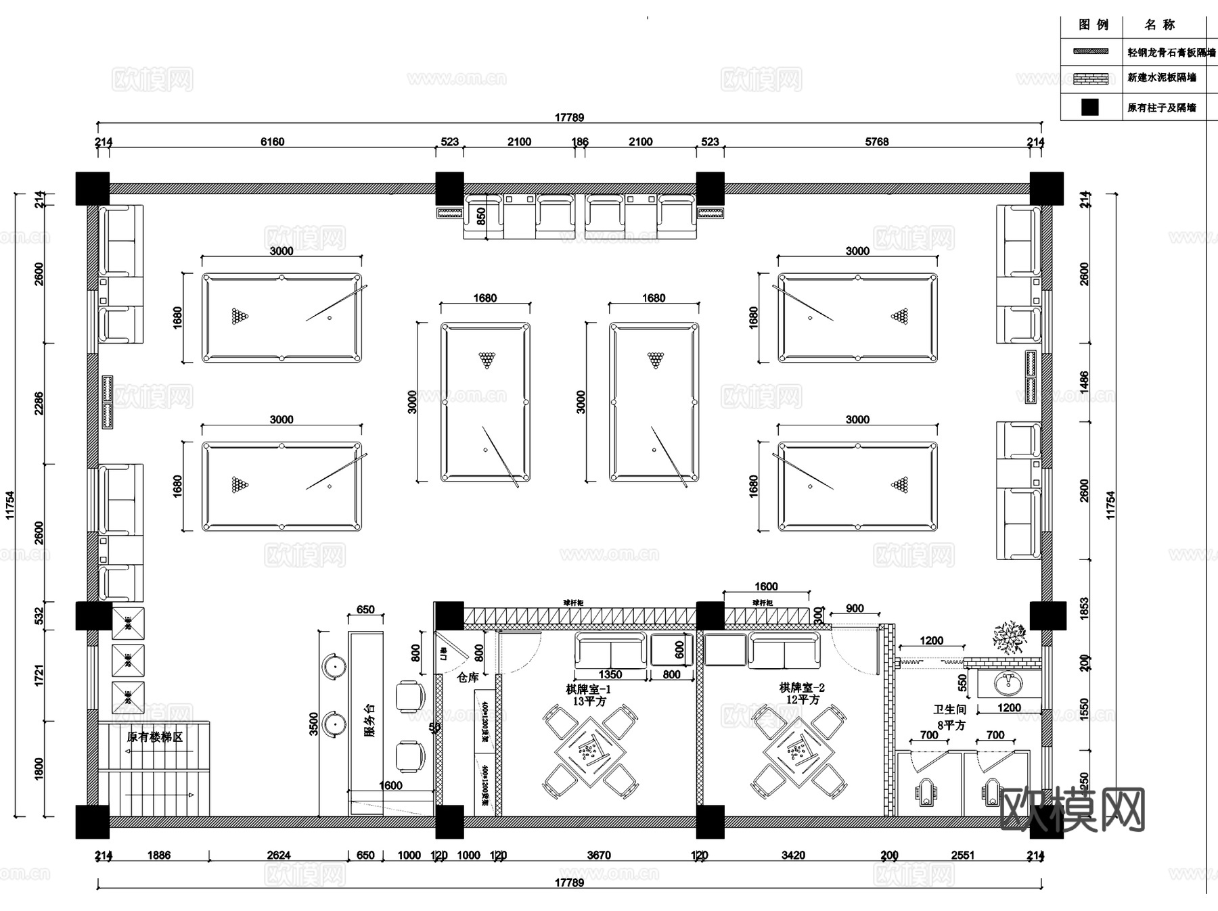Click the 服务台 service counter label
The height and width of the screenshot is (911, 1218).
click(x=369, y=721)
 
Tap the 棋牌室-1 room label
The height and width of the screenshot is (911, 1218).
click(x=588, y=689)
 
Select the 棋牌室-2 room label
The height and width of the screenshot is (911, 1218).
click(x=801, y=688)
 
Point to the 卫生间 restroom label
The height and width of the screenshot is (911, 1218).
click(x=949, y=709)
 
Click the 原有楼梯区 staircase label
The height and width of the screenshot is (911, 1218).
click(x=154, y=737)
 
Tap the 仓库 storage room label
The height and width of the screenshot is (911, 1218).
click(x=468, y=677)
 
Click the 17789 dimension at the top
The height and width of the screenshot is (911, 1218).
click(x=569, y=117)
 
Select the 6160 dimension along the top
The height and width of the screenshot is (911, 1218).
click(x=272, y=141)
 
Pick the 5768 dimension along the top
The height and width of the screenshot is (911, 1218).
click(x=876, y=141)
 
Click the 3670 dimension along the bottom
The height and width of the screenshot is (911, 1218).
click(x=598, y=856)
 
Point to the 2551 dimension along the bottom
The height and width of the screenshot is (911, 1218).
click(x=962, y=856)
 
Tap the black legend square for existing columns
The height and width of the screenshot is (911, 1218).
click(x=1089, y=107)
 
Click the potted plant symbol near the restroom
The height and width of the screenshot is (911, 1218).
click(x=1009, y=637)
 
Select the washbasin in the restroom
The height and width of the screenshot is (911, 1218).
click(x=1009, y=684)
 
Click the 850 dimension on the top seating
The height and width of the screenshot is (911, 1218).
click(x=481, y=216)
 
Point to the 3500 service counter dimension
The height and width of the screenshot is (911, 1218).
click(x=313, y=724)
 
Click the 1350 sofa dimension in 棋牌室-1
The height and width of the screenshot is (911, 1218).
click(x=610, y=674)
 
